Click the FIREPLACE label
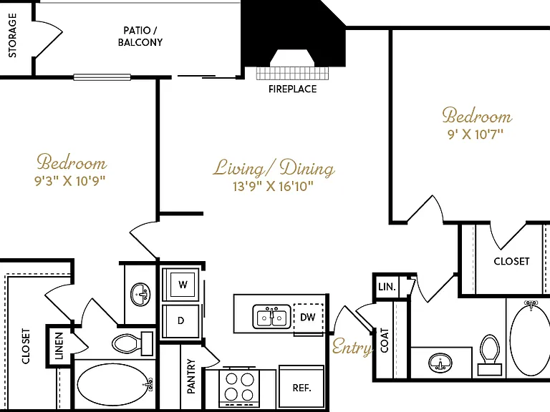click(x=292, y=89)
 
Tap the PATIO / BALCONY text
click(x=140, y=36)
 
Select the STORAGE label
click(x=12, y=35)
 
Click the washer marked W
click(x=183, y=285)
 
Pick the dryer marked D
click(x=181, y=320)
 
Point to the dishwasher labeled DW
click(x=308, y=318)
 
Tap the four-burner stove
click(x=240, y=386)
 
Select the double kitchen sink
click(x=271, y=317)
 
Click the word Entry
click(x=352, y=348)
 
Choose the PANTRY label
click(x=191, y=376)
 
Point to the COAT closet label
click(x=385, y=340)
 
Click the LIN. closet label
click(x=387, y=287)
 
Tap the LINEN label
click(x=59, y=346)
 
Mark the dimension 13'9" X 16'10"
click(x=273, y=186)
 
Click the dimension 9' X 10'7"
click(x=476, y=134)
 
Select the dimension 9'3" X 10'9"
click(x=69, y=181)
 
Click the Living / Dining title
click(x=274, y=167)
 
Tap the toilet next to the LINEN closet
click(x=133, y=343)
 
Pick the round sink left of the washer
click(x=140, y=293)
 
